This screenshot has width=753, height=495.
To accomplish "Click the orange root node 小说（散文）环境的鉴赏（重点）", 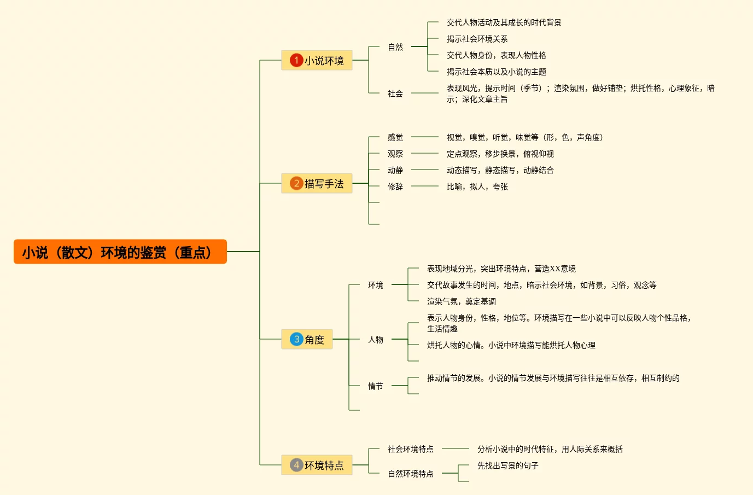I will [x=120, y=252].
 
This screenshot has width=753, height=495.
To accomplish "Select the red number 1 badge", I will [x=296, y=60].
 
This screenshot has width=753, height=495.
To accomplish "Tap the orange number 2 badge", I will [x=296, y=183].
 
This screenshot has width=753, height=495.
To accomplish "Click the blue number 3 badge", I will [x=296, y=339].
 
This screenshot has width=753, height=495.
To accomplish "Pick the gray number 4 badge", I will [x=296, y=465].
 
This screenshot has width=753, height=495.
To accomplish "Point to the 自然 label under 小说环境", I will [x=395, y=47].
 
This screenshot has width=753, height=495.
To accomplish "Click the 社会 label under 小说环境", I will [x=395, y=94].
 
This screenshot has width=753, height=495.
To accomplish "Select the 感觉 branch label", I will [x=395, y=137].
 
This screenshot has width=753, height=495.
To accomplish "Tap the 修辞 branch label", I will [x=395, y=187].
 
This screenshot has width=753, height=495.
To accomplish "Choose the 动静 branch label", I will [x=395, y=170].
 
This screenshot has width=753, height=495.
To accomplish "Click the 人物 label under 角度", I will [x=375, y=340].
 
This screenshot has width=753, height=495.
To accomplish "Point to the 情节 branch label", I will [x=375, y=386].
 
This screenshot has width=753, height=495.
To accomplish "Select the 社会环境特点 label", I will [x=410, y=449].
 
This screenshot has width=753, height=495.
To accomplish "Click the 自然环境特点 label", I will [x=410, y=474].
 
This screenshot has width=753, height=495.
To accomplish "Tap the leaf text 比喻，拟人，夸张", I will [x=477, y=187].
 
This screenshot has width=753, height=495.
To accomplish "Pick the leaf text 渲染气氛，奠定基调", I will [x=461, y=301].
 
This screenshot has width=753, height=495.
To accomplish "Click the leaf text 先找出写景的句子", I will [x=507, y=465].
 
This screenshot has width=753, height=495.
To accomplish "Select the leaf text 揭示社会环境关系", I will [x=477, y=39].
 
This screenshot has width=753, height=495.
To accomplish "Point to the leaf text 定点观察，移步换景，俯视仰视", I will [x=500, y=154].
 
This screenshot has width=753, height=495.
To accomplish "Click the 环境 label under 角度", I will [x=375, y=285].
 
